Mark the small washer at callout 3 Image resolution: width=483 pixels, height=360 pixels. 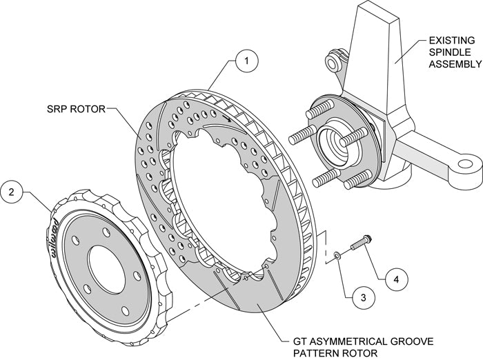pyautogui.click(x=335, y=257)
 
